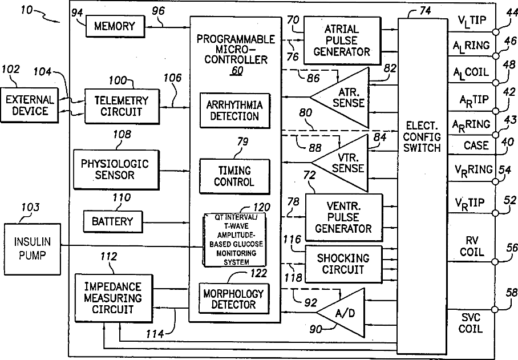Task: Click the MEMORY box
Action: pyautogui.click(x=114, y=26)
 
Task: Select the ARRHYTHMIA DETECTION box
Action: pyautogui.click(x=234, y=110)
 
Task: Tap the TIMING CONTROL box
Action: pyautogui.click(x=233, y=176)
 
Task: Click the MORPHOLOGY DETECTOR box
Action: pyautogui.click(x=233, y=299)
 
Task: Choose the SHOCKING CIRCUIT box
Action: pyautogui.click(x=343, y=264)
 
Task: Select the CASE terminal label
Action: pyautogui.click(x=475, y=145)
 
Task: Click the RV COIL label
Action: pyautogui.click(x=472, y=246)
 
